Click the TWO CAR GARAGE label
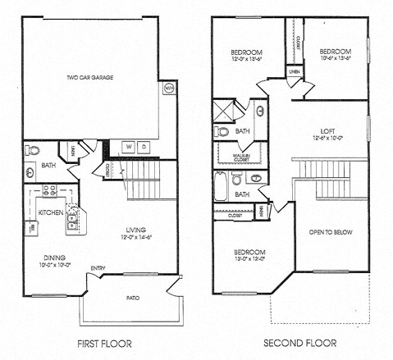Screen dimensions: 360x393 tap(90, 78)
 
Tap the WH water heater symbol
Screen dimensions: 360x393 tap(168, 87)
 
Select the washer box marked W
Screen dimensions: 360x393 tap(127, 147)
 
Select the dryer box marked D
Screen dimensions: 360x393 tap(143, 147)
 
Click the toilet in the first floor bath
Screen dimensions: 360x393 tap(32, 151)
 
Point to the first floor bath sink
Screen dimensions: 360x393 tap(31, 171)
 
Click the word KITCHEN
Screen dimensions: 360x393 tap(51, 212)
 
